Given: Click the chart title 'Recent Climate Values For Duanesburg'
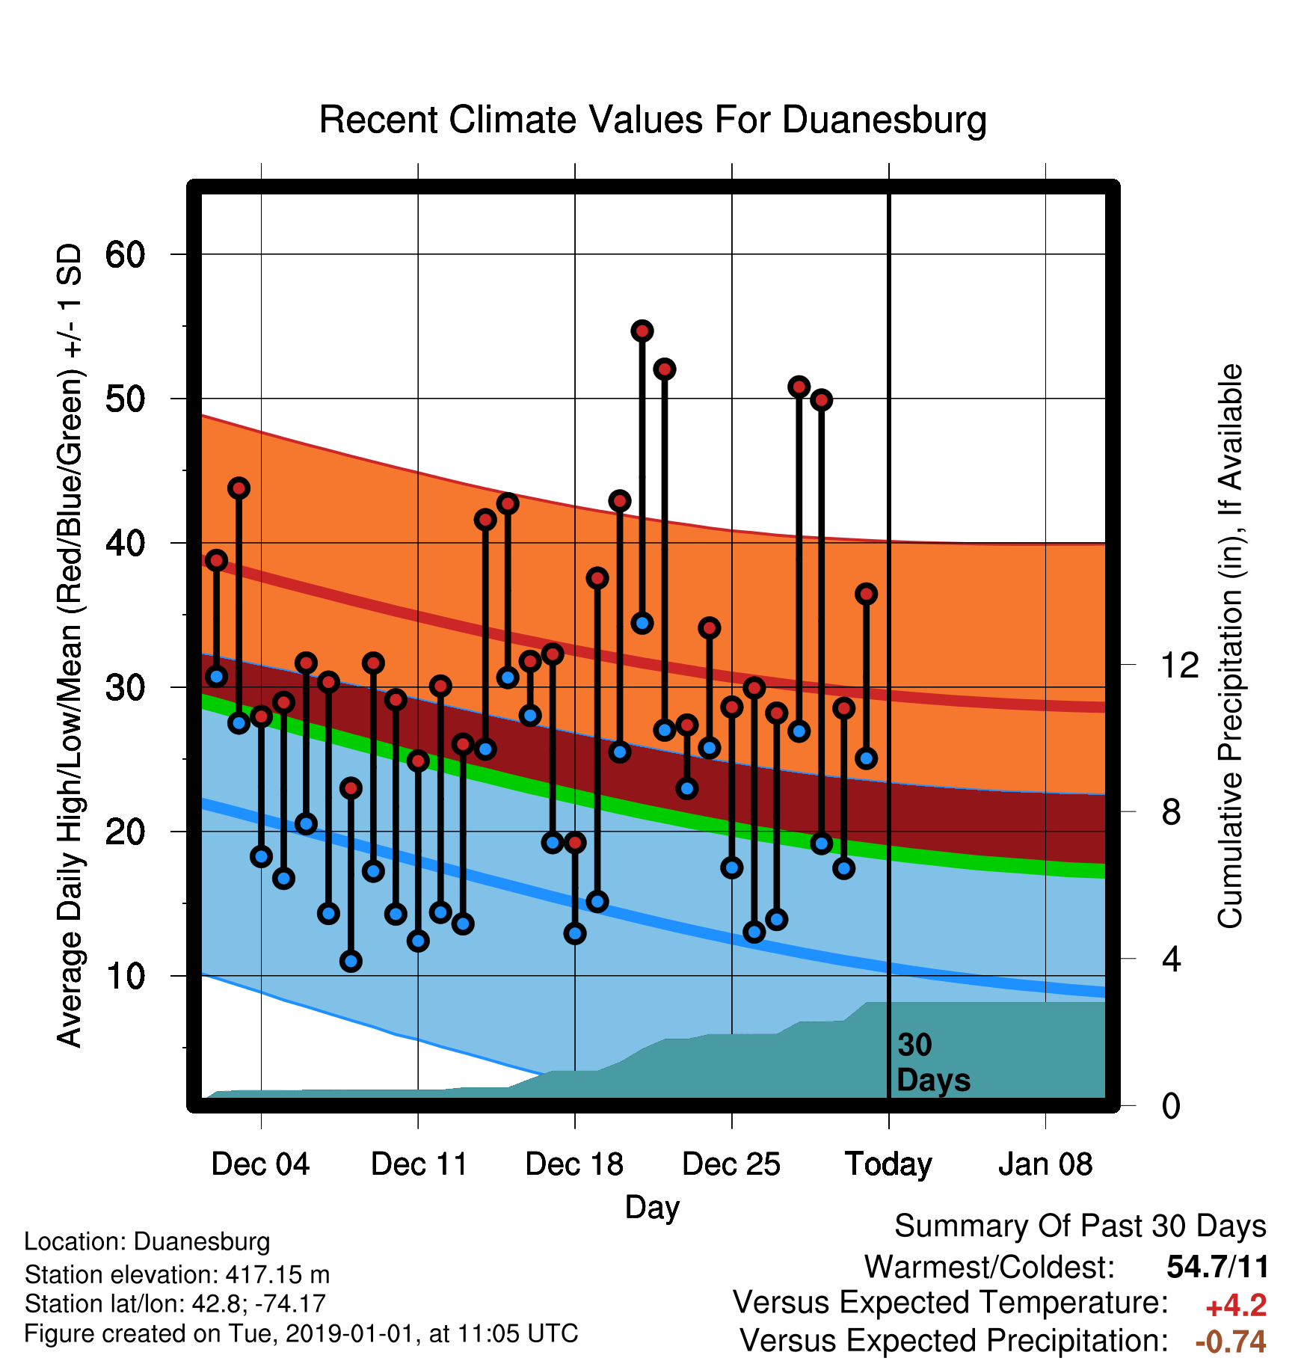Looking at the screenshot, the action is (x=653, y=120).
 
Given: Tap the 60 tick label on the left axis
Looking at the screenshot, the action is (x=125, y=255).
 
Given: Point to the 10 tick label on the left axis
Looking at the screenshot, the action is (x=125, y=976).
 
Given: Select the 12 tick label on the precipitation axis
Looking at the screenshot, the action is (x=1180, y=665).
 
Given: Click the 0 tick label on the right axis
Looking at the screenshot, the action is (x=1172, y=1105).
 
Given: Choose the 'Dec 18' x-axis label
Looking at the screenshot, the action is (x=574, y=1164).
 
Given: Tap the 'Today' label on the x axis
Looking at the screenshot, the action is (x=888, y=1164).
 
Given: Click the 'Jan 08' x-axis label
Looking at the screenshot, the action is (x=1045, y=1164).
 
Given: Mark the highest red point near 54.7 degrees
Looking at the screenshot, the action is (x=642, y=331).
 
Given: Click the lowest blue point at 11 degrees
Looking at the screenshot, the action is (x=351, y=961).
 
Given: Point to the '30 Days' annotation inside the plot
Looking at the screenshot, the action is (x=933, y=1063).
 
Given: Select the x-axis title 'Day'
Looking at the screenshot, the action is (x=653, y=1207).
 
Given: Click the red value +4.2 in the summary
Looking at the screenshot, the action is (x=1236, y=1306).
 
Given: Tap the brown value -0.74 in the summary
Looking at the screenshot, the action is (x=1231, y=1342).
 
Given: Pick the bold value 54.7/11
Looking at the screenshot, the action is (x=1217, y=1267).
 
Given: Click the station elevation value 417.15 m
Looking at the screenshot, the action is (x=261, y=1274).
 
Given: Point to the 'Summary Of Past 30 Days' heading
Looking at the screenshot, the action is (x=1080, y=1226).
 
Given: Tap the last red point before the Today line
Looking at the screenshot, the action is (x=866, y=594).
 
